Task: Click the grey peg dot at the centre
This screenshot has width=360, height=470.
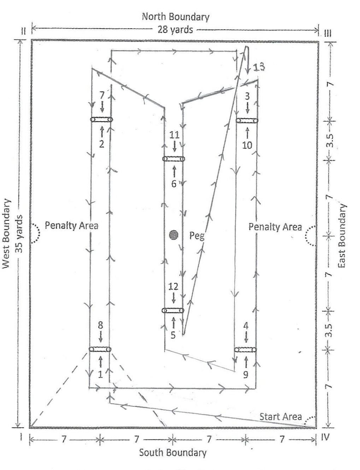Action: coord(173,234)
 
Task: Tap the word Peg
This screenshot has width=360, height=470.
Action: coord(197,236)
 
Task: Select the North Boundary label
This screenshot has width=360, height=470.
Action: coord(176,17)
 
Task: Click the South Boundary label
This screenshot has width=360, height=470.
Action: coord(173,453)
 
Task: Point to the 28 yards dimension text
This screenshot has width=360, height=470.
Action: coord(175,29)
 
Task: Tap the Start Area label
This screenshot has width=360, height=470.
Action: coord(281,416)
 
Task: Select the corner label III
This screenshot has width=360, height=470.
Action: coord(327,33)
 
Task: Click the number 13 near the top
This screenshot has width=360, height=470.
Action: coord(259,66)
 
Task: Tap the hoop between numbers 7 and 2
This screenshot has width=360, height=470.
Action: coord(101,120)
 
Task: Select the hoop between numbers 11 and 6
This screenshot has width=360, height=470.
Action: coord(173,159)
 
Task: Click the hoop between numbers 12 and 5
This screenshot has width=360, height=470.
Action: coord(173,311)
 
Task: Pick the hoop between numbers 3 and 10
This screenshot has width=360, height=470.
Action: coord(247,121)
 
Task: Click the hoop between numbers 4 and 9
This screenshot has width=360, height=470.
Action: coord(246,350)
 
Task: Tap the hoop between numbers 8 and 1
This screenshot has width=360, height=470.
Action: coord(100,349)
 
